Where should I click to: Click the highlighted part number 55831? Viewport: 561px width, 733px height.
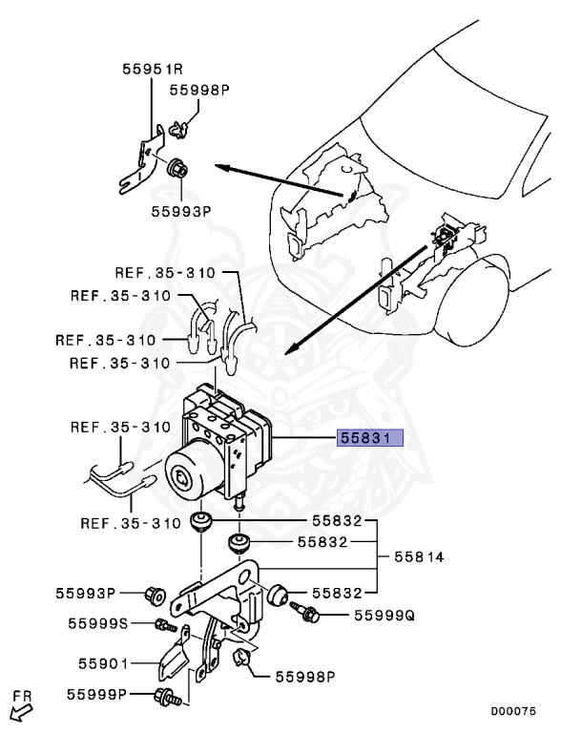[x=369, y=438]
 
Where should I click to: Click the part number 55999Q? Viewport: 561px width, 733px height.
[x=384, y=617]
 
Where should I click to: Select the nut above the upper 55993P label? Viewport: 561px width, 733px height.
[x=177, y=170]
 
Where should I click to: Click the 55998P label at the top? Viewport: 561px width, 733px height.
[x=200, y=90]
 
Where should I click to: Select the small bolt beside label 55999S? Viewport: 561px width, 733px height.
[x=163, y=625]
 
